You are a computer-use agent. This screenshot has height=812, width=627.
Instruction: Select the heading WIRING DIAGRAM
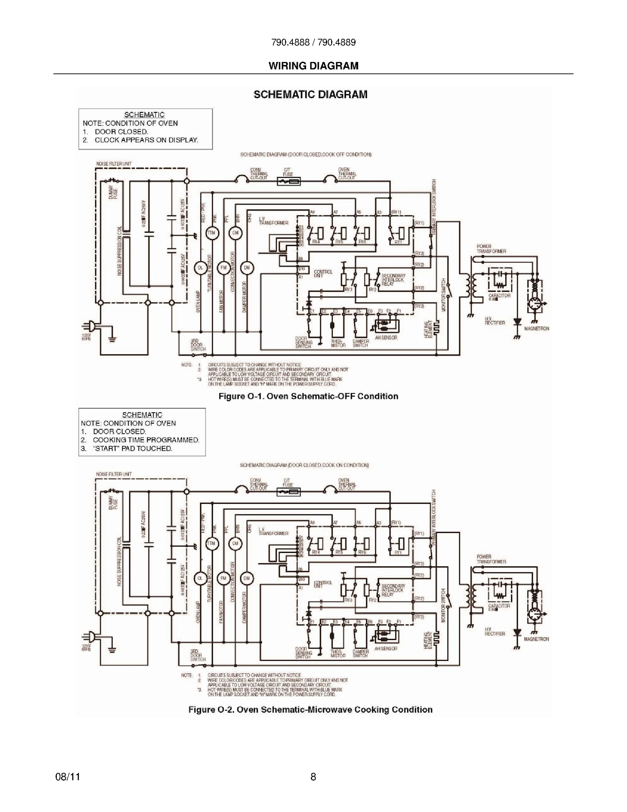313,66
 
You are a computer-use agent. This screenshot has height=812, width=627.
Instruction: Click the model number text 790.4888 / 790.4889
313,42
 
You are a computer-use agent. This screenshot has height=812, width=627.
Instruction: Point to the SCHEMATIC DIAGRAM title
310,94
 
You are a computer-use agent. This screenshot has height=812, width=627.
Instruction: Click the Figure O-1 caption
308,396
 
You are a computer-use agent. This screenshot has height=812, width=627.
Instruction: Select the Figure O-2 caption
310,710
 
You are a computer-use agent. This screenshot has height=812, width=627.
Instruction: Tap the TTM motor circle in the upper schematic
212,233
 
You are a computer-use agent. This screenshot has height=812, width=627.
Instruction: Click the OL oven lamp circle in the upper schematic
200,267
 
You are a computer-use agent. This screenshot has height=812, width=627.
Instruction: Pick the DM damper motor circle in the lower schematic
247,578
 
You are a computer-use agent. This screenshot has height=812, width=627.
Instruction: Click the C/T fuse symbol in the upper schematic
289,182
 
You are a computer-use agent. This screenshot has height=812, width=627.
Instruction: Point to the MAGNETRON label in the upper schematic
536,329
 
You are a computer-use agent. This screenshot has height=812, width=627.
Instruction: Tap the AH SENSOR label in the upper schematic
386,338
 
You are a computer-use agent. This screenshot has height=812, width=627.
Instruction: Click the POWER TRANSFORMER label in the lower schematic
491,559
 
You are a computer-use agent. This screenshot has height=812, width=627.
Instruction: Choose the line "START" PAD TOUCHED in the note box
132,449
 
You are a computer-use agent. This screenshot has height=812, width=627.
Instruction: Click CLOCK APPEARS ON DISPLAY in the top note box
146,140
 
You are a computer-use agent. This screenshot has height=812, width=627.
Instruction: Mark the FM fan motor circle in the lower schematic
223,578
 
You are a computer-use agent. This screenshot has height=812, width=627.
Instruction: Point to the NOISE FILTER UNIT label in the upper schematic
114,163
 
